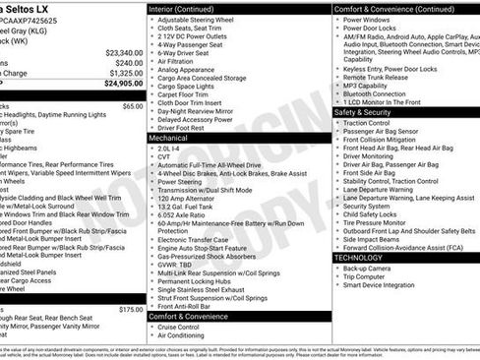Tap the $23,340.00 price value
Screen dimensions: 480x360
124,52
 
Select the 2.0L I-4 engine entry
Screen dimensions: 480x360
169,149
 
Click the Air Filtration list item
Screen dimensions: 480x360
178,61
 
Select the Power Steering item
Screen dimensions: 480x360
180,182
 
